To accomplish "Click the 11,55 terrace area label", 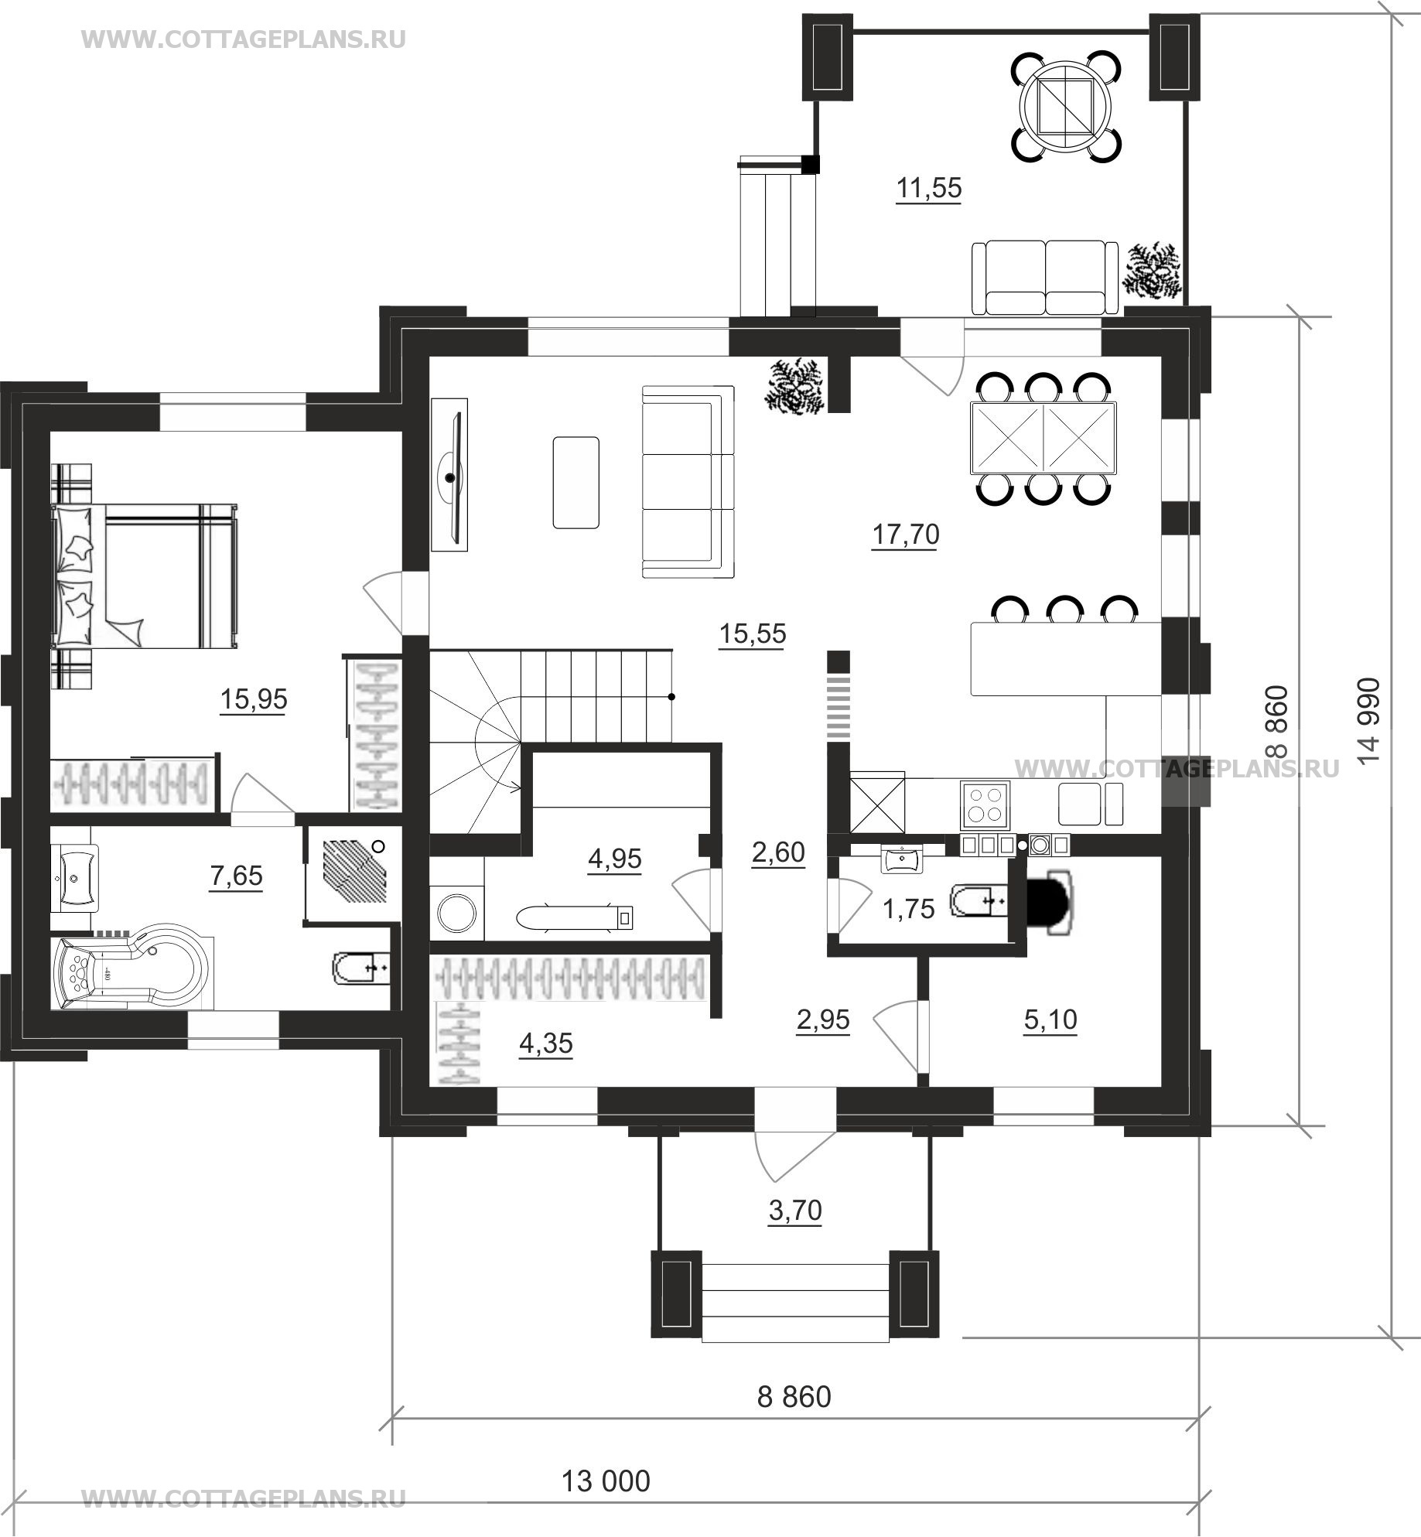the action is pyautogui.click(x=928, y=188).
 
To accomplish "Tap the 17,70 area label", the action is pyautogui.click(x=905, y=535).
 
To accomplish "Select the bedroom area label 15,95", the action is pyautogui.click(x=254, y=699).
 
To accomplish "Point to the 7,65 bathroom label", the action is pyautogui.click(x=236, y=876).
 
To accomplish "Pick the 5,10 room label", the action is pyautogui.click(x=1050, y=1020).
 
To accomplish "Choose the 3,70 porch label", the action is pyautogui.click(x=794, y=1210).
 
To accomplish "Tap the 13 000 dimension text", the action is pyautogui.click(x=605, y=1481).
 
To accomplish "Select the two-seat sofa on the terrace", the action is pyautogui.click(x=1045, y=277).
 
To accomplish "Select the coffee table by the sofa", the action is pyautogui.click(x=576, y=482).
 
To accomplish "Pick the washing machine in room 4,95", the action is pyautogui.click(x=457, y=911).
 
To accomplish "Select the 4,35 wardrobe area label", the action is pyautogui.click(x=546, y=1043).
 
